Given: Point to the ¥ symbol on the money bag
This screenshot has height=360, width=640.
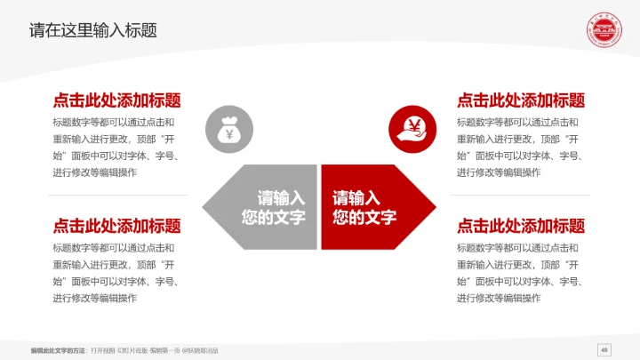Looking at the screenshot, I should tap(229, 134).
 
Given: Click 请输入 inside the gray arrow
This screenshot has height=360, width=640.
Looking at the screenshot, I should tap(281, 198).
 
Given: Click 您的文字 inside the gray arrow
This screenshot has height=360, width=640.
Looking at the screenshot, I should tap(274, 218).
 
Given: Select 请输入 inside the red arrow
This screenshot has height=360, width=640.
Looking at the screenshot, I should tap(356, 198).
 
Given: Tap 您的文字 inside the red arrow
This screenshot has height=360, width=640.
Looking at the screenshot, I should tap(364, 218).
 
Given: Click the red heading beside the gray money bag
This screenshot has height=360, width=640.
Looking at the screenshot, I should tap(116, 100).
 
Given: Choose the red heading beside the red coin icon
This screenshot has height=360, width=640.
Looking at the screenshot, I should tap(521, 100).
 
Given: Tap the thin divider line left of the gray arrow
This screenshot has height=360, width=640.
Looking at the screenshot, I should tap(118, 196).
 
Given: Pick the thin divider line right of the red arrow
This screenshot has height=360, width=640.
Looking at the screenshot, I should tap(523, 196).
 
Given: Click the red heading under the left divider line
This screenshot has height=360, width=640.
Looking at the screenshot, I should tap(116, 226).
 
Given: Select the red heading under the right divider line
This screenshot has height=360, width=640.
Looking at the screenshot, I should tap(521, 226).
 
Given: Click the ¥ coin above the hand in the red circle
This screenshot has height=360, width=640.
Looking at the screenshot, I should tap(413, 124).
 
